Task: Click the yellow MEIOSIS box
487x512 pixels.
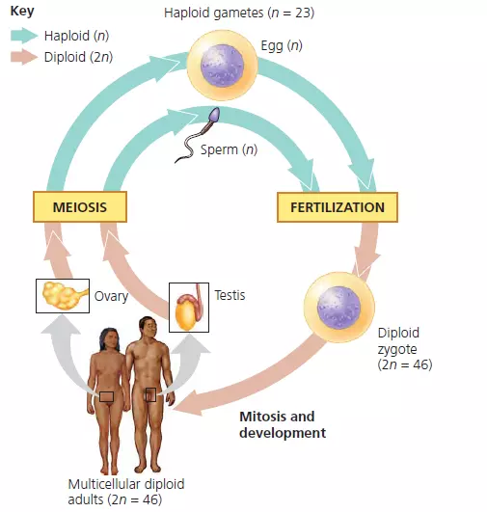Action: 80,207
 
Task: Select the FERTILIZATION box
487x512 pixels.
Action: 338,207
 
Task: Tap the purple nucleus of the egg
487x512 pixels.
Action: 222,66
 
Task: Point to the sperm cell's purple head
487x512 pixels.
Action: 214,115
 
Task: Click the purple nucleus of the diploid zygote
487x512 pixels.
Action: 338,308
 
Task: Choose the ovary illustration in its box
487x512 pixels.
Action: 63,296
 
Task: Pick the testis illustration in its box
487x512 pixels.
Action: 189,308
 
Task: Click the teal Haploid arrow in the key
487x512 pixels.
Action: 24,36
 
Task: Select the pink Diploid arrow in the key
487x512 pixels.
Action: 24,57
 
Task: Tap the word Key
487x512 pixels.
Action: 22,12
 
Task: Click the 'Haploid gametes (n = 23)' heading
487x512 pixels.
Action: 239,13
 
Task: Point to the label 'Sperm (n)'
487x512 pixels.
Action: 229,149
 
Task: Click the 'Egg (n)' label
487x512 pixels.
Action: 282,45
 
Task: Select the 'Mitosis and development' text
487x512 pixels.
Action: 283,424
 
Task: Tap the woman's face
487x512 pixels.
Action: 111,340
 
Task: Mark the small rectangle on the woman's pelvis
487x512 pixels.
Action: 106,396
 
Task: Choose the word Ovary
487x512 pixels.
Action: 111,296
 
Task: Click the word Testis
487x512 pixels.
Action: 230,295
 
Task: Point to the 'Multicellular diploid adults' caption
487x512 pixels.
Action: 126,492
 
